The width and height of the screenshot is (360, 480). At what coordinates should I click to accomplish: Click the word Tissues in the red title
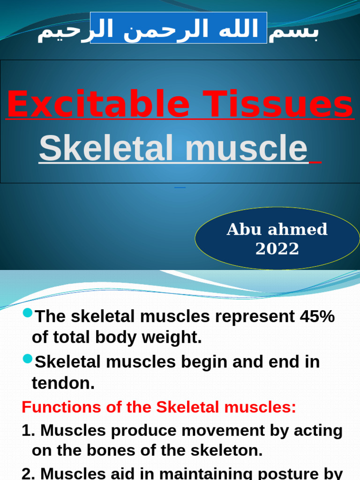[278, 105]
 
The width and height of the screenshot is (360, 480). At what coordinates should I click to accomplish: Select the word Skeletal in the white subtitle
[107, 148]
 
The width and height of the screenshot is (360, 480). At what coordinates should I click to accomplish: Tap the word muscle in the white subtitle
[246, 148]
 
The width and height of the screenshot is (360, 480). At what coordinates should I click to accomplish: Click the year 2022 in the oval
[277, 249]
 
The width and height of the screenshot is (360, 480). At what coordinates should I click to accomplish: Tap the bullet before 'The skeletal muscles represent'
[27, 313]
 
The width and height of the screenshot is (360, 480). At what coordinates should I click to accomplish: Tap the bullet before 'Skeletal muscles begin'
[27, 359]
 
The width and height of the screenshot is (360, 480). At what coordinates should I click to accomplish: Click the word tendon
[63, 383]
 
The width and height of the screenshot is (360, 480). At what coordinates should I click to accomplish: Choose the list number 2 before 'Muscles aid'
[26, 473]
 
